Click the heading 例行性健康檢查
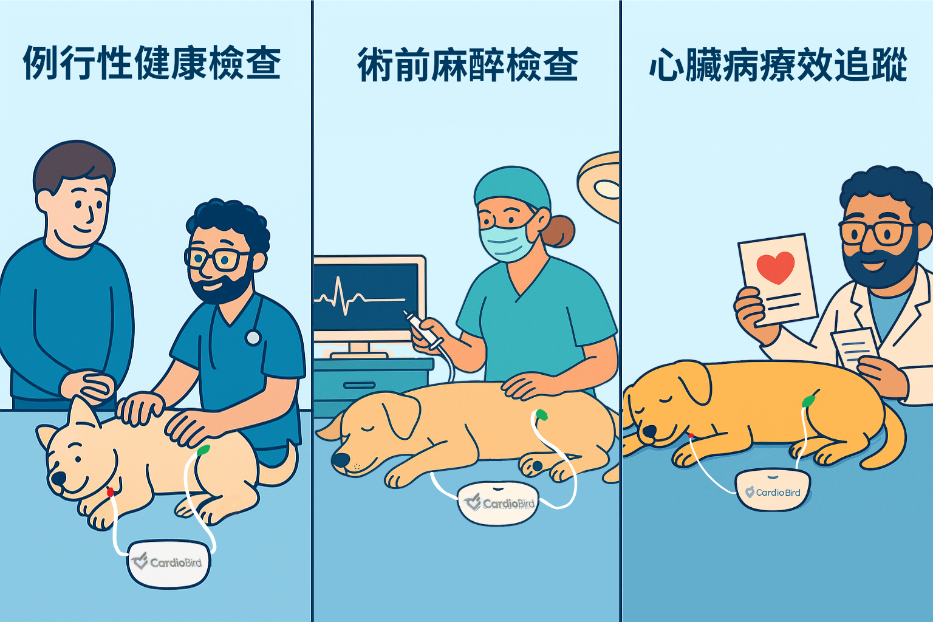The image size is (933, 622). click(152, 63)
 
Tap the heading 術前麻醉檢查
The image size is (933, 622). click(467, 65)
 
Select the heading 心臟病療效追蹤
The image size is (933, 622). click(778, 64)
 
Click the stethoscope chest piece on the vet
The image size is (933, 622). click(253, 337)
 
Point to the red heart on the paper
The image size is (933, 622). click(776, 267)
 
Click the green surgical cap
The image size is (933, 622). click(512, 188)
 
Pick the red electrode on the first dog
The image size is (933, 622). click(110, 493)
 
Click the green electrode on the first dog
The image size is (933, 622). click(203, 450)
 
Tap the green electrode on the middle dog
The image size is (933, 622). click(541, 414)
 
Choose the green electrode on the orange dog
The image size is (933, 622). click(808, 401)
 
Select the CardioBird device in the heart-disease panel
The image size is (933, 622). click(773, 490)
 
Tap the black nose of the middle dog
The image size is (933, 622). click(340, 460)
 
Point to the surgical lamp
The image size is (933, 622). click(598, 186)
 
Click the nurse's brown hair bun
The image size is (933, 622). click(560, 231)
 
